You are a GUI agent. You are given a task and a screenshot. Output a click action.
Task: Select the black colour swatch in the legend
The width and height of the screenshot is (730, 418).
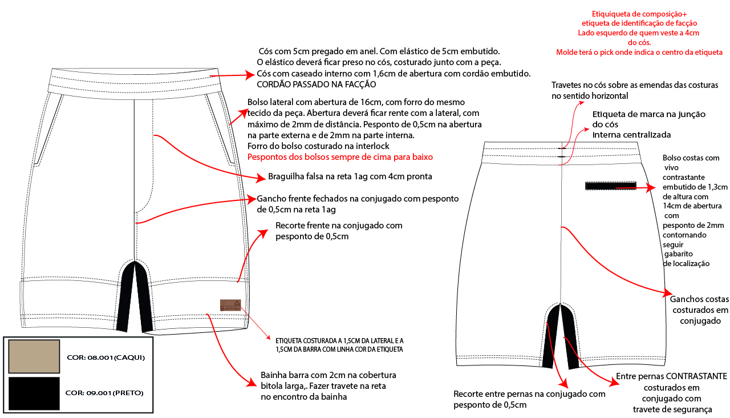34,393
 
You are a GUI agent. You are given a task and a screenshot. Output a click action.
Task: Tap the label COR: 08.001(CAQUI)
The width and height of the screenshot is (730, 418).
106,357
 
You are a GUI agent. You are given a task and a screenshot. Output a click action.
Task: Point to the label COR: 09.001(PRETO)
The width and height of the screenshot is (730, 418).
104,393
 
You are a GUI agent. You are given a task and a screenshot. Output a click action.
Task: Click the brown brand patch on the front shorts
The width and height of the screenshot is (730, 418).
230,306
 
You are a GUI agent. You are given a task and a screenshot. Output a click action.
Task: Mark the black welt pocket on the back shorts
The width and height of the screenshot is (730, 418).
610,186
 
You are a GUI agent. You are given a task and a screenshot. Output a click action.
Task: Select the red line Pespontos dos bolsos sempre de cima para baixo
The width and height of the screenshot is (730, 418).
340,156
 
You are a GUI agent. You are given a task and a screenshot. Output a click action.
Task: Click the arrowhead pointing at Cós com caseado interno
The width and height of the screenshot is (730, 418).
250,74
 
